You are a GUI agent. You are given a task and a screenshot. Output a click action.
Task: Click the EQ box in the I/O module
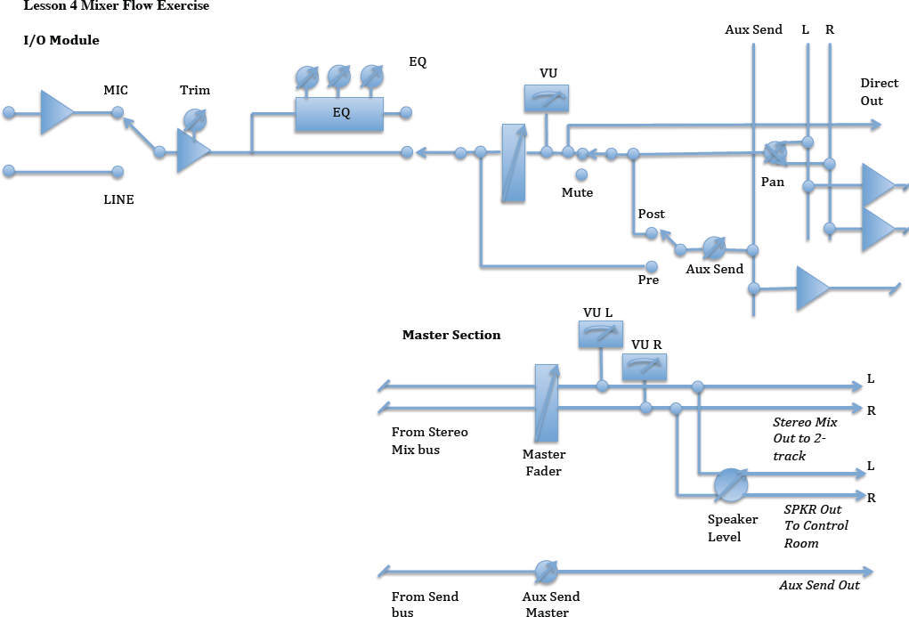point(339,114)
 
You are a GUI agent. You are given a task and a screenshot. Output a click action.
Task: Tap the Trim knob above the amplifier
point(194,119)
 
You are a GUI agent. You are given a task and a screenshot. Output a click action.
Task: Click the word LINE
point(118,199)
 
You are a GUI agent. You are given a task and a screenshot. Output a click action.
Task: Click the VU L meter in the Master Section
point(600,335)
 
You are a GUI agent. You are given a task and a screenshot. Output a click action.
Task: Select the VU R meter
point(644,366)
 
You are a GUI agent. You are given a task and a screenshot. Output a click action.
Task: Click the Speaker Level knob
point(731,484)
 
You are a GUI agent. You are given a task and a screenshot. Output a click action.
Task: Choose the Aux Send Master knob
point(546,571)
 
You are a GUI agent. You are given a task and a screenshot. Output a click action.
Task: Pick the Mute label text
point(577,192)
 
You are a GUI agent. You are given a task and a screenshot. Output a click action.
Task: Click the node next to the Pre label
point(651,266)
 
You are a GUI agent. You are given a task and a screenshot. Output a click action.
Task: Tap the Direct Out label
point(879,92)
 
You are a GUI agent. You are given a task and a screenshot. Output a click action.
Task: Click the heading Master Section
point(451,335)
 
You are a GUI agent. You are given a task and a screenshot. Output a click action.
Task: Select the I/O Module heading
point(61,40)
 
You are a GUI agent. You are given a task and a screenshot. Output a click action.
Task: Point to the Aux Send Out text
point(819,585)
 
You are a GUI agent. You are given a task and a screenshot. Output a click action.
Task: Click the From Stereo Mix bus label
point(429,441)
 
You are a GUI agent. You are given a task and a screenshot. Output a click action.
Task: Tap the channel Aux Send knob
point(714,247)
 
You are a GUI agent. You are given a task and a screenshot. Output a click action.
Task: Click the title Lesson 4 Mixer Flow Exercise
point(116,5)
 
